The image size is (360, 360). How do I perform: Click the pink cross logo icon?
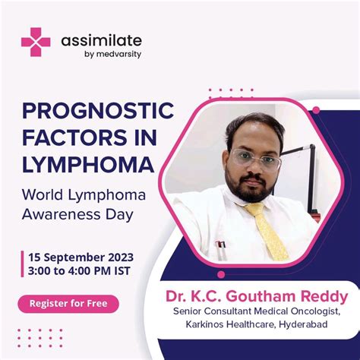point(35,42)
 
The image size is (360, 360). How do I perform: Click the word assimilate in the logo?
point(101,39)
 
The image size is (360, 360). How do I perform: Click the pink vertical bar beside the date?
point(24,263)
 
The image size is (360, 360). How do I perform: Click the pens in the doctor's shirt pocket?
point(220,248)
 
